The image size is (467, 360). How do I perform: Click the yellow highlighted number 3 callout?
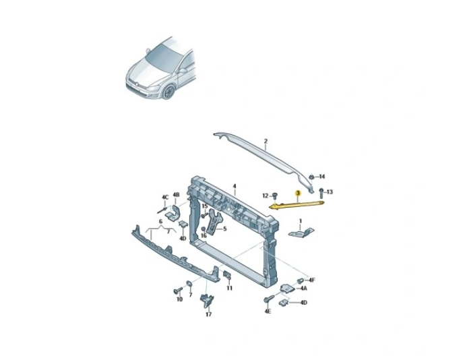tap(297, 193)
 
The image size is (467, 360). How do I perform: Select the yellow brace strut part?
tap(297, 205)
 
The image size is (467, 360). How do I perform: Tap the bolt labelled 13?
tap(321, 193)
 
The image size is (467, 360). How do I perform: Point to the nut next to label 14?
tap(311, 177)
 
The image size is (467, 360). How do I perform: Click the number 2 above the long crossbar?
tap(266, 141)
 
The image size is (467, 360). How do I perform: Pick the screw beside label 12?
tap(275, 196)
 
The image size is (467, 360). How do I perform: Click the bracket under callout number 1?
tap(301, 232)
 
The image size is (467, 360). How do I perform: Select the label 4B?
tap(176, 195)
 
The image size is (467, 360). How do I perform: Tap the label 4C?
tap(165, 197)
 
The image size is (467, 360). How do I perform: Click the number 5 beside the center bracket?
tap(224, 229)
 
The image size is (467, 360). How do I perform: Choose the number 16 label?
tap(204, 235)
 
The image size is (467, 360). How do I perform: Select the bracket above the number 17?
tap(208, 301)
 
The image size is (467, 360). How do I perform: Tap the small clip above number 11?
tap(227, 275)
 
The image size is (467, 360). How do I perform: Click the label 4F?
tap(312, 280)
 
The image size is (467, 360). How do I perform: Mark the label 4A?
tap(303, 288)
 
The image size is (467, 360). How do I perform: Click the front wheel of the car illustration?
tap(169, 92)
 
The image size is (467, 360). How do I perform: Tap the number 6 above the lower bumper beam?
tap(160, 222)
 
